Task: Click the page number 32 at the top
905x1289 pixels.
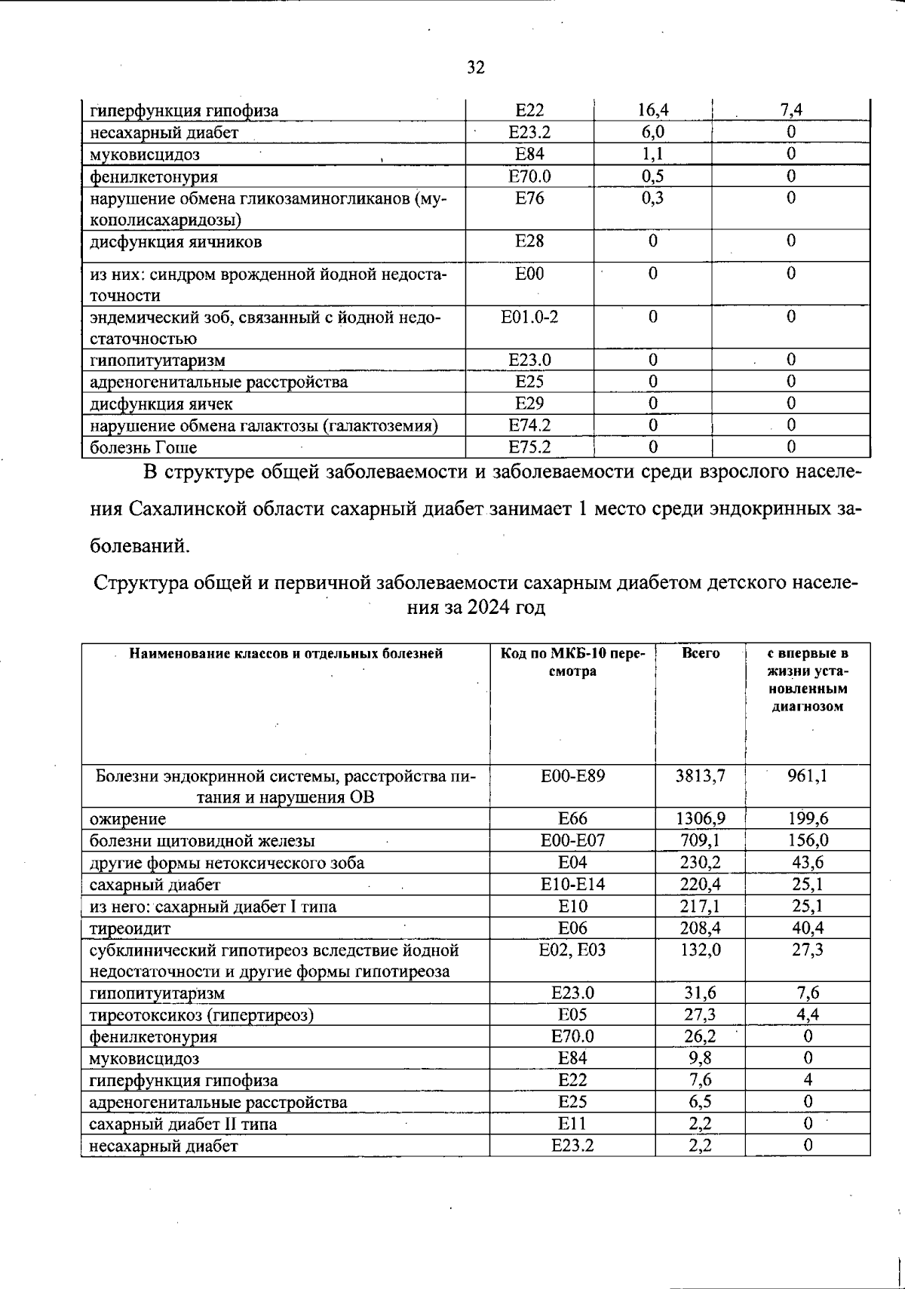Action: (x=475, y=68)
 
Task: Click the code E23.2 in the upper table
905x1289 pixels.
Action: (x=529, y=133)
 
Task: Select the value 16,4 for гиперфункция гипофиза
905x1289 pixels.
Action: (x=652, y=111)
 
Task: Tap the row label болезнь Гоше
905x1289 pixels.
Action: (x=143, y=447)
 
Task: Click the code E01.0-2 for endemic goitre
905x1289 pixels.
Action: (x=529, y=317)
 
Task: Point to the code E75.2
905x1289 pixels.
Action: (x=529, y=447)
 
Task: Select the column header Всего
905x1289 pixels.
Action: (x=700, y=653)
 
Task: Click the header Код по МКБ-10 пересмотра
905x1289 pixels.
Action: (x=572, y=662)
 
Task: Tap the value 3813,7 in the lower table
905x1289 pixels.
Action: (x=700, y=775)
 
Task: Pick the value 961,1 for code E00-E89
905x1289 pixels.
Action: (x=807, y=775)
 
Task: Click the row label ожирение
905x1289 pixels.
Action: (x=127, y=818)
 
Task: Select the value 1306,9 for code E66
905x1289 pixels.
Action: (x=700, y=818)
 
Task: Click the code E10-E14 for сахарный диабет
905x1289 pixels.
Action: (x=572, y=884)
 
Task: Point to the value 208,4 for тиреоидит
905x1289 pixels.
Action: (x=700, y=928)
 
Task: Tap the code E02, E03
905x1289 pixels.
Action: (x=572, y=950)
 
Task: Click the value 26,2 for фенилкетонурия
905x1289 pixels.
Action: (x=700, y=1036)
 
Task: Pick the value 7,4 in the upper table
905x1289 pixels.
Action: (x=790, y=111)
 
